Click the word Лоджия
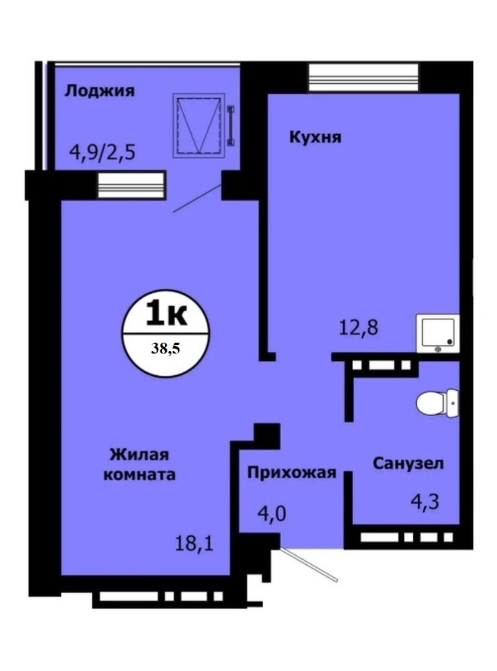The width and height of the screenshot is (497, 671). [99, 91]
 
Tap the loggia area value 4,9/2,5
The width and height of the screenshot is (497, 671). [102, 152]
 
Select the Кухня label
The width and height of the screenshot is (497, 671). [315, 138]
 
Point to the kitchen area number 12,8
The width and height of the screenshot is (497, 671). [358, 328]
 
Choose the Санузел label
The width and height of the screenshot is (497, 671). [408, 463]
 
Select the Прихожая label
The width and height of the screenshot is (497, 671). [292, 473]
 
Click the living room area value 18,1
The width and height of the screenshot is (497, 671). [194, 544]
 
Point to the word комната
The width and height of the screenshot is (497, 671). [140, 475]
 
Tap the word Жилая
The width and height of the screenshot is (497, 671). [140, 454]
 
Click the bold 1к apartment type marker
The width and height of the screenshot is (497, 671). [166, 314]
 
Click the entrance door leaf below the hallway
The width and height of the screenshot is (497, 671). [308, 564]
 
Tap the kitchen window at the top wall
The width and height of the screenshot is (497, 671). [364, 78]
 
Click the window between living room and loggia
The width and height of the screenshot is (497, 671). [131, 185]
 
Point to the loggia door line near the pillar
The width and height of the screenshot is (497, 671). [197, 198]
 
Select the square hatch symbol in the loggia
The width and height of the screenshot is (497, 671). [199, 124]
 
